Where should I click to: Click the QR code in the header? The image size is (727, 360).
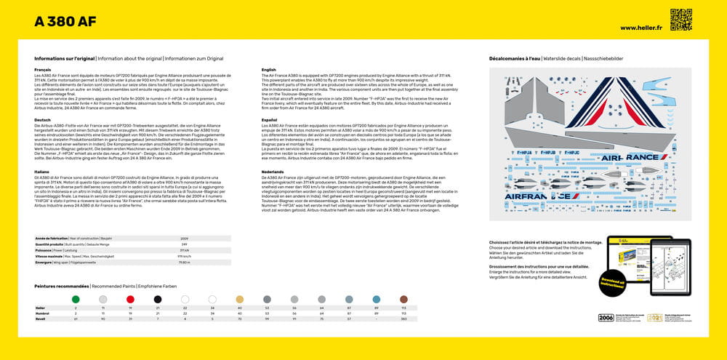click(680, 20)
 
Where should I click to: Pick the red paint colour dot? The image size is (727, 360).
click(130, 299)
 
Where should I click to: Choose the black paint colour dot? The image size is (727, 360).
click(157, 299)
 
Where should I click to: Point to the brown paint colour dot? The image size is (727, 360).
click(403, 299)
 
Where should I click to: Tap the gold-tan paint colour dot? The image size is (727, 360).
click(239, 299)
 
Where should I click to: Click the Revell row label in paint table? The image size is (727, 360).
click(41, 319)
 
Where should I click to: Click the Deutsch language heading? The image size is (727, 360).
click(43, 120)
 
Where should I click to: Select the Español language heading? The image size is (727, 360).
click(269, 120)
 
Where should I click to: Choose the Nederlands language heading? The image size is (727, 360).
click(273, 171)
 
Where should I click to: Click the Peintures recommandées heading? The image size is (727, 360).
click(62, 287)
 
